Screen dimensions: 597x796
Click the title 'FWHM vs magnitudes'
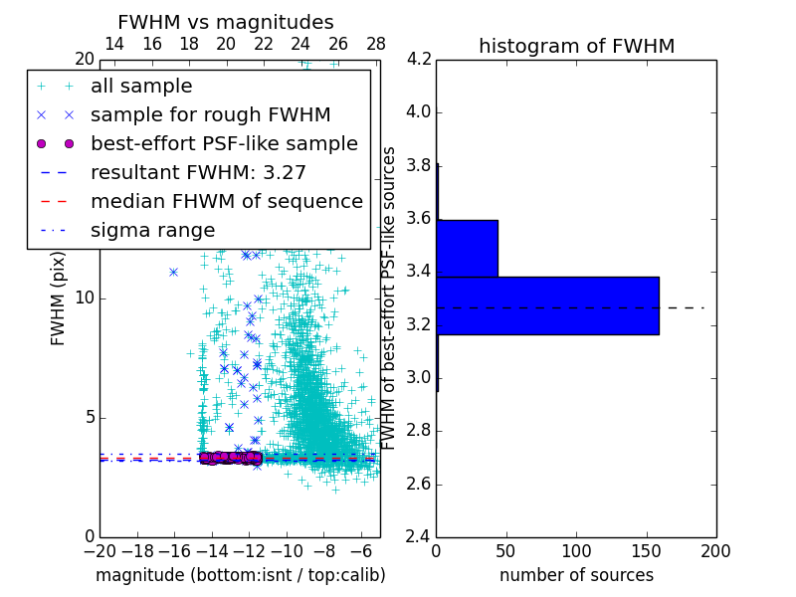point(226,23)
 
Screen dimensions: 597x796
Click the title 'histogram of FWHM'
point(576,46)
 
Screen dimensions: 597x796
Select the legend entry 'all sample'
point(141,87)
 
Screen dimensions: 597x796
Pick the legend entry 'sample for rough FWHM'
point(210,115)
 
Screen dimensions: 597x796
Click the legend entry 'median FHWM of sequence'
point(226,202)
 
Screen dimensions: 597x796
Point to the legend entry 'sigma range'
point(152,231)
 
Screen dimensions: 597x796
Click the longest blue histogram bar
point(547,305)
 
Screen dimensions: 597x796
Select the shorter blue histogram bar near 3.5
point(467,248)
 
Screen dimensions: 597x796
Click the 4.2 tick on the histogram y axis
point(419,60)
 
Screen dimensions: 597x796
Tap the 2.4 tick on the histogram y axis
point(419,537)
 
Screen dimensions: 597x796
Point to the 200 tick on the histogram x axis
point(715,551)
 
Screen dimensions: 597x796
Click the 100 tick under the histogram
point(576,551)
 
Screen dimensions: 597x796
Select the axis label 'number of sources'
point(576,576)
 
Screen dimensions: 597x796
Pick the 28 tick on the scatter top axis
point(376,44)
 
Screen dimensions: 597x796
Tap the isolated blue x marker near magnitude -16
point(173,272)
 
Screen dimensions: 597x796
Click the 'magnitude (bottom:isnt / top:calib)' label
point(240,576)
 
